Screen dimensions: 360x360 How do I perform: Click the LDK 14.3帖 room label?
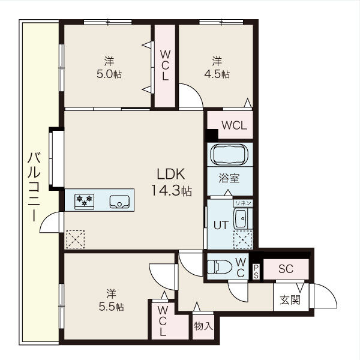tap(174, 182)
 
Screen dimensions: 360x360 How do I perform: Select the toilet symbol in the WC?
tap(218, 264)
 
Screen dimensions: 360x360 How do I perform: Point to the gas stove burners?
tap(84, 200)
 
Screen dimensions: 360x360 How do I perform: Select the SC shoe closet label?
tap(286, 268)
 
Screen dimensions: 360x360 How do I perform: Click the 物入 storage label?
tap(203, 326)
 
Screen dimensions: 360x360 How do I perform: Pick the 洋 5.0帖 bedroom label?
tap(109, 67)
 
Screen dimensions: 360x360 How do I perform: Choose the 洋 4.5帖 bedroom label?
tap(216, 67)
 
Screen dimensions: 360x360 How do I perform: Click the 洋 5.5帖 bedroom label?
tap(111, 299)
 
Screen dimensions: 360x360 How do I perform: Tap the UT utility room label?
tap(220, 226)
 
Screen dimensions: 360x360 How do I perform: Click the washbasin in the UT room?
tap(243, 218)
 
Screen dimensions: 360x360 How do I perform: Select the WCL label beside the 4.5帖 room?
tap(233, 125)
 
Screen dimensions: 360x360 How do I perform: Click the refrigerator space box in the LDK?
tap(76, 239)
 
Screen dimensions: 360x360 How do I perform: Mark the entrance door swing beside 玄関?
tap(324, 296)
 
